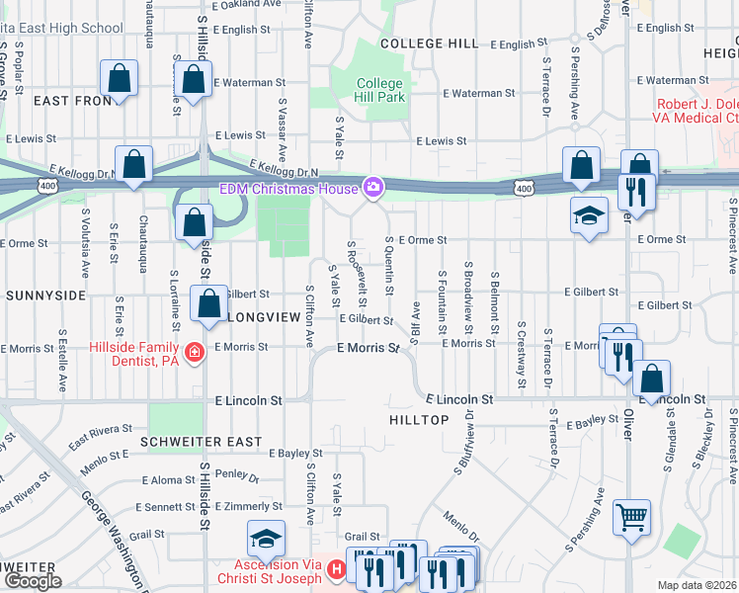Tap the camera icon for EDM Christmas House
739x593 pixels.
pos(372,187)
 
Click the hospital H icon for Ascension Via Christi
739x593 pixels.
pos(336,569)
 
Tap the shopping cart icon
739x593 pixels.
pos(631,517)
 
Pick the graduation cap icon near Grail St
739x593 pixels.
pos(266,539)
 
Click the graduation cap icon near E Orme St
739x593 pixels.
pos(589,215)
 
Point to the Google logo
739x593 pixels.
pos(32,581)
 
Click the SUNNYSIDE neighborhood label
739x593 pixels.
pos(46,296)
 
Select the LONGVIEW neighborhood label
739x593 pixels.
pos(263,318)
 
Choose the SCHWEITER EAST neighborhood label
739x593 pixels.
pos(201,442)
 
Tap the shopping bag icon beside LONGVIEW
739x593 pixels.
pos(208,305)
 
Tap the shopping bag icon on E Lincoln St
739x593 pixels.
pos(652,379)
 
